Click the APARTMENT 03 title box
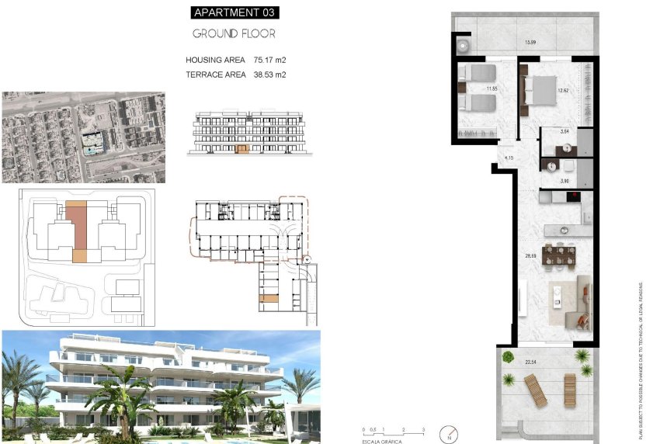coord(234,12)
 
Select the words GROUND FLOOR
coord(234,34)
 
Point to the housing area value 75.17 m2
coord(269,60)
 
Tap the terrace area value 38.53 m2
coord(269,75)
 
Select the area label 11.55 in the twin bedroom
coord(491,89)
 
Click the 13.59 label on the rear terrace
coord(530,42)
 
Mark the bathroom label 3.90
coord(565,181)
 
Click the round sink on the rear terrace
coord(463,43)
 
